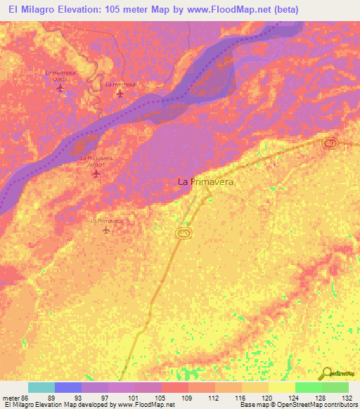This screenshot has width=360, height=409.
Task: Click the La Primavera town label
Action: pyautogui.click(x=205, y=181)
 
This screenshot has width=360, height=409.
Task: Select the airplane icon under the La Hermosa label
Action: pyautogui.click(x=120, y=93)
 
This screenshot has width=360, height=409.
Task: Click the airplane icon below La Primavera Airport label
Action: pyautogui.click(x=96, y=173)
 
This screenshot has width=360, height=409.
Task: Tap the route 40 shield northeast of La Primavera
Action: pyautogui.click(x=330, y=143)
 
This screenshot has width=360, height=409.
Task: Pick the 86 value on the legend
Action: pyautogui.click(x=25, y=398)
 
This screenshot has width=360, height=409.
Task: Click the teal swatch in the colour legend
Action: pyautogui.click(x=41, y=387)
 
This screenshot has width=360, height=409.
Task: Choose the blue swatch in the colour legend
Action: pyautogui.click(x=67, y=387)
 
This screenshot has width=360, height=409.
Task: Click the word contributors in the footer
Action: pyautogui.click(x=337, y=405)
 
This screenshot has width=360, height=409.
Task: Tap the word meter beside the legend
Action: pyautogui.click(x=11, y=398)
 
